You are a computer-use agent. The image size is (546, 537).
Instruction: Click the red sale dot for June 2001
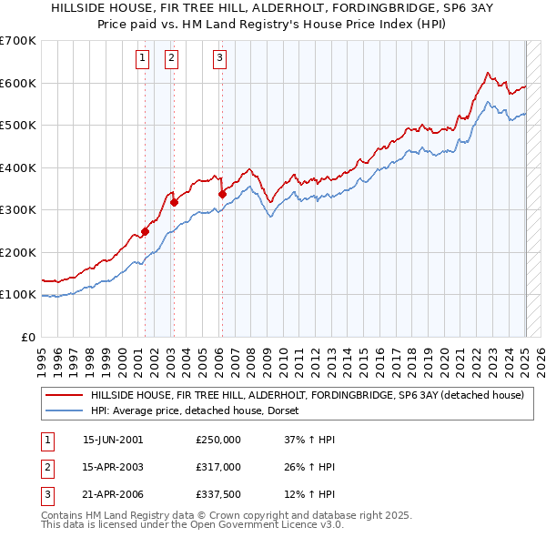(145, 231)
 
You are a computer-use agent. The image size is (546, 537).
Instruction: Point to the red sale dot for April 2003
(173, 203)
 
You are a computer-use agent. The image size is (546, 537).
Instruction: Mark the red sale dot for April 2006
(221, 194)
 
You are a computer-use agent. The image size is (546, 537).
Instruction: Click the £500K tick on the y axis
(18, 125)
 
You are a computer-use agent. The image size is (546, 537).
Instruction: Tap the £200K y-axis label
(18, 252)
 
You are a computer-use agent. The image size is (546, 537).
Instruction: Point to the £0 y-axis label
(27, 337)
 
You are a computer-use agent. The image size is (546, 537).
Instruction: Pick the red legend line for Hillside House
(64, 396)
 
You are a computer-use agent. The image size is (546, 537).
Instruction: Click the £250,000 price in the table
(217, 439)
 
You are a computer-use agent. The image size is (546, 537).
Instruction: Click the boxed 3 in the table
(45, 495)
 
